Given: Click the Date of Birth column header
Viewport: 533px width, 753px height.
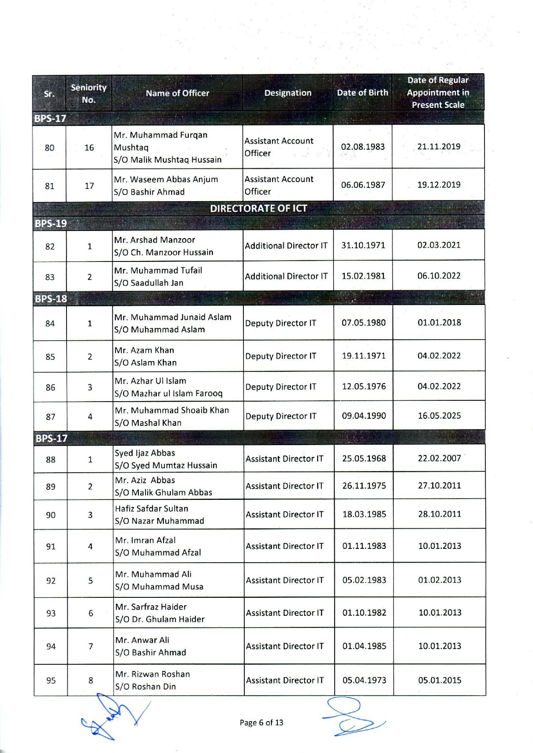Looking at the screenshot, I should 362,93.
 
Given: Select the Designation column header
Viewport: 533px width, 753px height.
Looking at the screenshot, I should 288,93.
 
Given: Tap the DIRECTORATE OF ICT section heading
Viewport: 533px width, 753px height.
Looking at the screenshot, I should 259,208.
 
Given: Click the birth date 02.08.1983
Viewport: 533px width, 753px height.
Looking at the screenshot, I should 363,147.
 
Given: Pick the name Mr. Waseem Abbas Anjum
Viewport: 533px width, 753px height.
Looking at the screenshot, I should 166,179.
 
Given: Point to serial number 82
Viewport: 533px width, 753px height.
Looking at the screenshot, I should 50,246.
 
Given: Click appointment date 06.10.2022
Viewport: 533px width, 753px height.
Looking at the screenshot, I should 439,276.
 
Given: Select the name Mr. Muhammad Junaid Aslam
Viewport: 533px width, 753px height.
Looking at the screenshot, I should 173,317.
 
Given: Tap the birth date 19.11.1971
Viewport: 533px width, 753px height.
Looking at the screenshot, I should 364,356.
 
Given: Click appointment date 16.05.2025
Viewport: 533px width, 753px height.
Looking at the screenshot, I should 439,416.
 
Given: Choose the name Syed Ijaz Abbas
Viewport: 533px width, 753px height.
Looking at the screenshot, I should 145,453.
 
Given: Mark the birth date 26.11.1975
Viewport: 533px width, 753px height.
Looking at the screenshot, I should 364,486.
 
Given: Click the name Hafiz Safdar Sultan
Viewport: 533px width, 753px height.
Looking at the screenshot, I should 152,509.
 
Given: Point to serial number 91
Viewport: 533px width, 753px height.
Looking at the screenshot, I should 51,546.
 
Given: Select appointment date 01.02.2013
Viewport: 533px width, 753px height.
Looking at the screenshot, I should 440,580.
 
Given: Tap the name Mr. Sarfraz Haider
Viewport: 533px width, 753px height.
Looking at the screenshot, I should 151,607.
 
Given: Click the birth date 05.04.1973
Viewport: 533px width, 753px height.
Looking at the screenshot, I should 364,681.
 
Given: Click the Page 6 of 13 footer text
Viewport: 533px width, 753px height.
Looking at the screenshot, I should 261,722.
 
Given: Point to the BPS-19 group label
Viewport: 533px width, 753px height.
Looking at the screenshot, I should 51,223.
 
